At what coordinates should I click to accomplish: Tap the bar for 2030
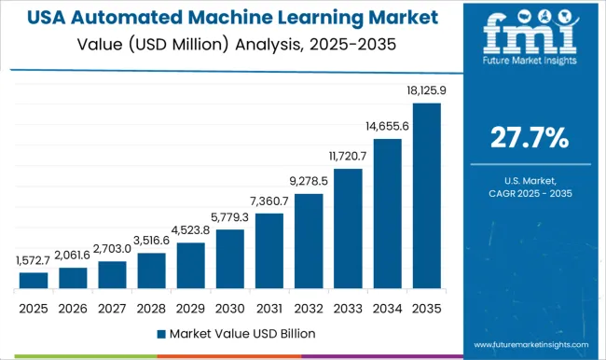[229, 259]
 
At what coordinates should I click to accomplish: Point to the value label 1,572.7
[34, 263]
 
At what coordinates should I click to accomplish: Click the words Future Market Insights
[530, 68]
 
